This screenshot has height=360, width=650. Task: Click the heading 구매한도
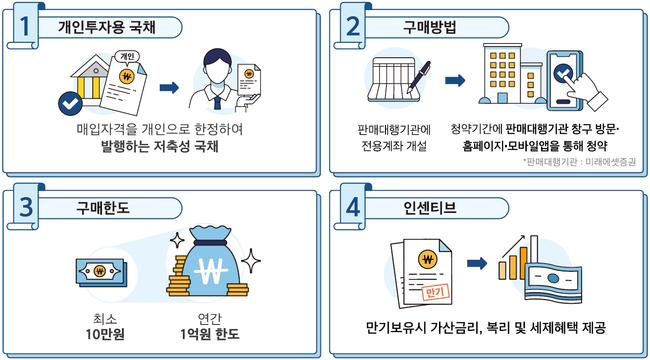pos(103,207)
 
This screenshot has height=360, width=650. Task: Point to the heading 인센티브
pos(430,207)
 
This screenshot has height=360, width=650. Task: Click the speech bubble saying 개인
pos(128,56)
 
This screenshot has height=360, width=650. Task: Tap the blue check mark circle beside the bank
pos(70,104)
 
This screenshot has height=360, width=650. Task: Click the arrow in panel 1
pos(169,88)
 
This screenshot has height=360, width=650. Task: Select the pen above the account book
pos(419,77)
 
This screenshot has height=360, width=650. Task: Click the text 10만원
pos(102,334)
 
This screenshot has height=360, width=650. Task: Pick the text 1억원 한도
pos(210,334)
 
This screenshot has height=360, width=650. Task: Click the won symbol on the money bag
pos(211,270)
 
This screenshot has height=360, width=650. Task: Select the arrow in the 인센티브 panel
pos(477,263)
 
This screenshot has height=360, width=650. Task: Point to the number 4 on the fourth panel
pos(352,207)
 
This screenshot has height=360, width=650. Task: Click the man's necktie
pos(217,101)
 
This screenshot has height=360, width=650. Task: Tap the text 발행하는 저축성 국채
pos(160,147)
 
